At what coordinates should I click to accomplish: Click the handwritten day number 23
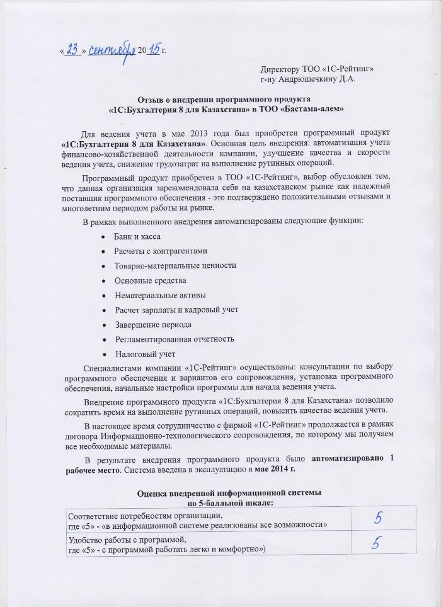(x=71, y=49)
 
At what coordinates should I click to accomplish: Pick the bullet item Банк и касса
(x=137, y=236)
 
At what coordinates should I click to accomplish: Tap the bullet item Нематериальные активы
(x=159, y=294)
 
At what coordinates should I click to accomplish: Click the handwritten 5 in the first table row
(x=378, y=518)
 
